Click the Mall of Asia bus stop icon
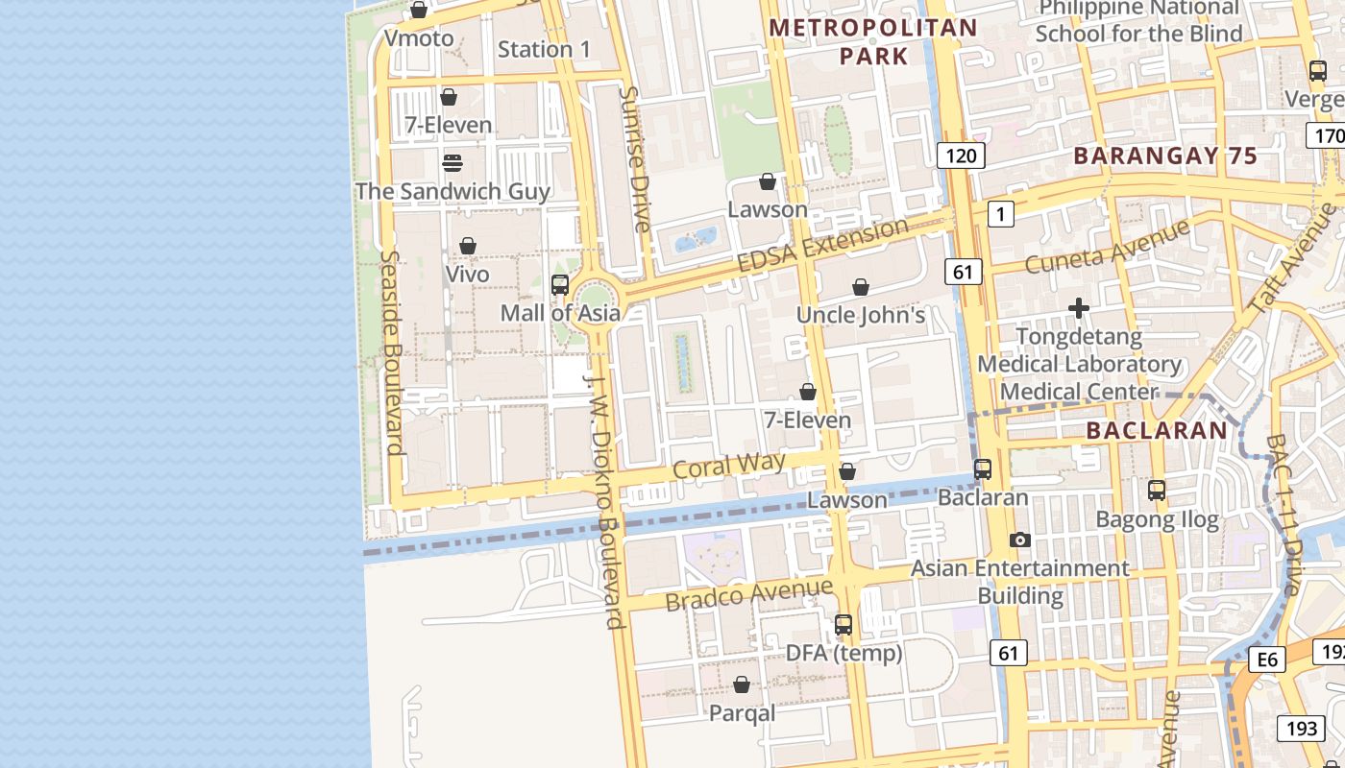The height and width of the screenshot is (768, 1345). [x=560, y=285]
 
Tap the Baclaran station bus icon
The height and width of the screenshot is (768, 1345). [x=983, y=469]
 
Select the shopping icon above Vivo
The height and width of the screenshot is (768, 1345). [x=468, y=247]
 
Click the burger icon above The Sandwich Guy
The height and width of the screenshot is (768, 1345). [x=452, y=162]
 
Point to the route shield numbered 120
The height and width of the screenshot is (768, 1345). [x=961, y=156]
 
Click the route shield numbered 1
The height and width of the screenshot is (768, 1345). [x=1000, y=214]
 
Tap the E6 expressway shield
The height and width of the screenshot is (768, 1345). [x=1268, y=660]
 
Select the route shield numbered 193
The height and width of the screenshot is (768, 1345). [x=1301, y=728]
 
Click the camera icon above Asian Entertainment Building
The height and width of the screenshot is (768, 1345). [x=1020, y=540]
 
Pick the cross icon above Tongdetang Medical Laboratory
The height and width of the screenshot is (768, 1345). [x=1079, y=308]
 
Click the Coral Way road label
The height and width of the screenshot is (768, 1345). [x=729, y=466]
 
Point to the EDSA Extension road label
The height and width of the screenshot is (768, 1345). [x=822, y=245]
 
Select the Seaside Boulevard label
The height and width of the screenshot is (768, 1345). [x=391, y=352]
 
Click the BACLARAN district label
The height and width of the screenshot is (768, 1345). [x=1157, y=431]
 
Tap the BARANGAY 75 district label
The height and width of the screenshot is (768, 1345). [x=1165, y=156]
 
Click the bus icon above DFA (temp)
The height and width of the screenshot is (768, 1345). [x=844, y=625]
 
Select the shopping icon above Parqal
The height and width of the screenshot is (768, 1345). [x=742, y=685]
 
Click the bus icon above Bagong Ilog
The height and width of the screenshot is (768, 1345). [x=1157, y=491]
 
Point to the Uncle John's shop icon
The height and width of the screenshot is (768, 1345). [x=861, y=287]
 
